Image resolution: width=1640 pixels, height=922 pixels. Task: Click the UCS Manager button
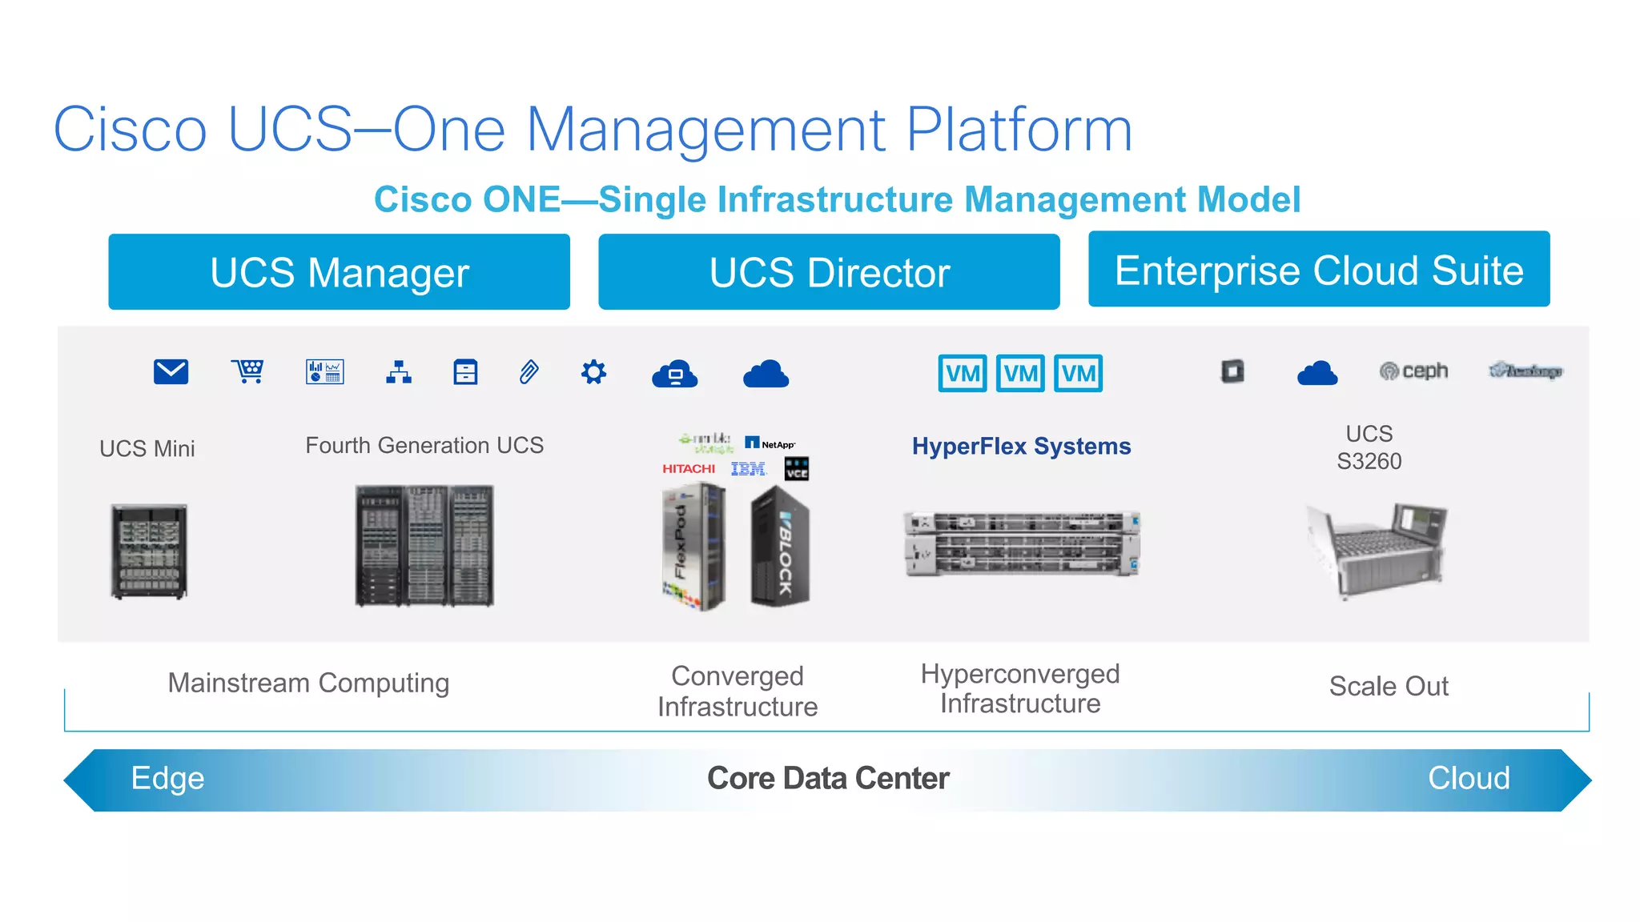point(339,272)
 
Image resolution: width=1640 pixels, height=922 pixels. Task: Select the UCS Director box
point(829,272)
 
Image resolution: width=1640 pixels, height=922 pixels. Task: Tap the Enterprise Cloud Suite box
point(1319,270)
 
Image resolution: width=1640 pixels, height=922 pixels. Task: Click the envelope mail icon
point(171,372)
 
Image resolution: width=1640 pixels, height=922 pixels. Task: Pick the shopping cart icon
point(248,371)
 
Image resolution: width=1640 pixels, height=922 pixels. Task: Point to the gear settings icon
point(593,372)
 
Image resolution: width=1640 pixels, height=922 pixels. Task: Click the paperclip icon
point(529,372)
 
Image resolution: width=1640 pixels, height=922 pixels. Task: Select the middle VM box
point(1020,373)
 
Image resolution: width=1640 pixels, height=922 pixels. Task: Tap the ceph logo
point(1414,371)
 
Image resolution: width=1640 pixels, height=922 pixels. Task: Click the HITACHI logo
point(689,469)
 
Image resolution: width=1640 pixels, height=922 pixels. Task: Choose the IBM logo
point(749,469)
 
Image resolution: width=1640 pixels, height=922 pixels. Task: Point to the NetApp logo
point(770,443)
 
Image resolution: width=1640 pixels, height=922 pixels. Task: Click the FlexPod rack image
point(693,548)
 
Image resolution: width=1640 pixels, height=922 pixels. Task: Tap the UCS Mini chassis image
point(149,551)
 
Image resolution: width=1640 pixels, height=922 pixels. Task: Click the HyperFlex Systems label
point(1021,447)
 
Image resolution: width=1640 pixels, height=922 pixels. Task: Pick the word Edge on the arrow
point(167,778)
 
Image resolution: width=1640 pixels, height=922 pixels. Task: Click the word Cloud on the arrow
point(1469,778)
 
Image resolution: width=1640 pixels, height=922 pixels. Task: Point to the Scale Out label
point(1389,686)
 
